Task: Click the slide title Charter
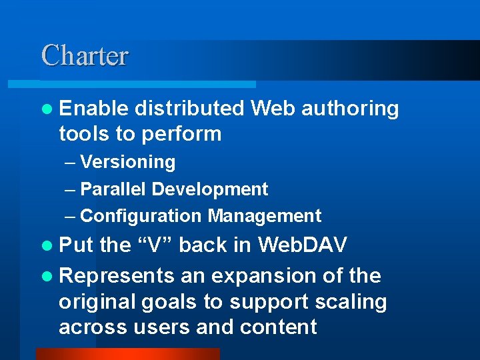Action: (x=85, y=55)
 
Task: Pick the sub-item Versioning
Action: (x=127, y=162)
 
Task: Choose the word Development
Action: (x=210, y=189)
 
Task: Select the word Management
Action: (x=265, y=216)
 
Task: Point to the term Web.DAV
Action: (x=303, y=245)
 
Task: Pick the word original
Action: (x=97, y=302)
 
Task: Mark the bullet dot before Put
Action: (x=45, y=246)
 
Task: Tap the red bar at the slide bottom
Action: (x=127, y=354)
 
